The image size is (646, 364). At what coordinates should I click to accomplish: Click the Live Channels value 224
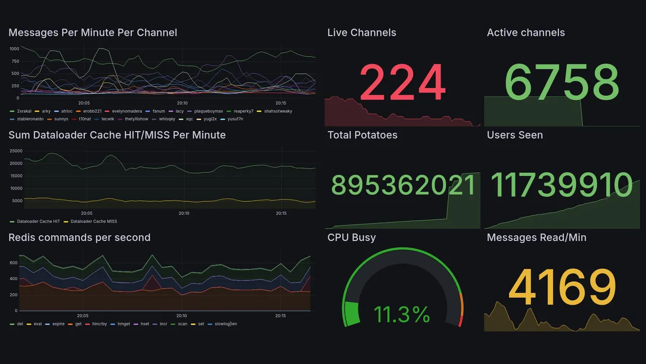click(x=402, y=82)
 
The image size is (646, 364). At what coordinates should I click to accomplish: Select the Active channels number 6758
click(x=561, y=82)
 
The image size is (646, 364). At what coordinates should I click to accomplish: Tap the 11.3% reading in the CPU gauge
click(x=402, y=314)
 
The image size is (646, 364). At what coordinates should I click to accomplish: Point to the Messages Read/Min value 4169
click(x=562, y=287)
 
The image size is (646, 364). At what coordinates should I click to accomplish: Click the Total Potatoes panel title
click(x=362, y=135)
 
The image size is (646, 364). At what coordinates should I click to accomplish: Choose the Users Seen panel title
click(x=514, y=135)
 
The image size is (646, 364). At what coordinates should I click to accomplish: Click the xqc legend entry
click(x=189, y=119)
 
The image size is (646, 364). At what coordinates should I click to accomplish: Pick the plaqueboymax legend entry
click(x=208, y=111)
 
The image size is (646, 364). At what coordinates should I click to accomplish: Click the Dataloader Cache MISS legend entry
click(x=93, y=221)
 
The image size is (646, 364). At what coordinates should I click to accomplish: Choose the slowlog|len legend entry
click(x=226, y=324)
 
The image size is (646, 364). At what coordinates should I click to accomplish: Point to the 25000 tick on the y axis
click(x=16, y=151)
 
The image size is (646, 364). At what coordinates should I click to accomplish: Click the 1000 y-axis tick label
click(x=14, y=49)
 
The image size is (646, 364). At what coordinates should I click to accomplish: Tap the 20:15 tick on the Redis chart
click(x=281, y=316)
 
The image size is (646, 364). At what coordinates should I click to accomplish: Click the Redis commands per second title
click(x=79, y=238)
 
